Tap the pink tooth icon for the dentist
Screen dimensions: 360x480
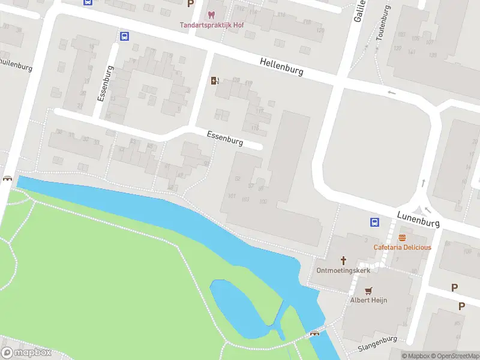[x=210, y=14]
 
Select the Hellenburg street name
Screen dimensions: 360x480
[x=281, y=66]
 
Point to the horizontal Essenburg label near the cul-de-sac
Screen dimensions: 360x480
[x=225, y=139]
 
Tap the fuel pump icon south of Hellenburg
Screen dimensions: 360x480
[x=215, y=81]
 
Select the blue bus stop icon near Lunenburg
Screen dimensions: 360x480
[x=374, y=222]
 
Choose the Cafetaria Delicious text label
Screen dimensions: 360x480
[x=402, y=247]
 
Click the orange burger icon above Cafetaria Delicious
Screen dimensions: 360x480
[x=401, y=238]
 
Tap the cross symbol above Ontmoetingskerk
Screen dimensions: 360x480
[x=344, y=260]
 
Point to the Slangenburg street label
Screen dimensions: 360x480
[x=377, y=344]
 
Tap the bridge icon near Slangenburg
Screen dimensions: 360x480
[x=314, y=334]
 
